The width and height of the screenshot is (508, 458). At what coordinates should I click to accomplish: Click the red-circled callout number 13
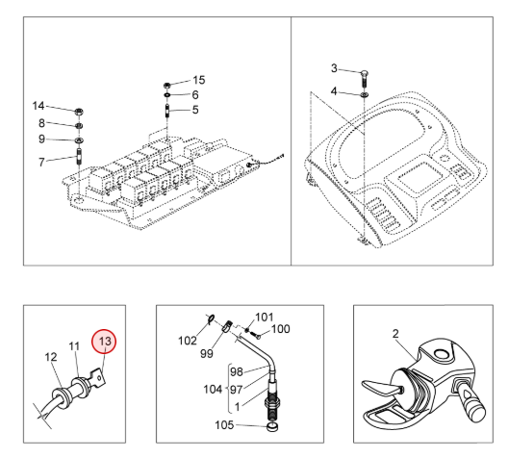click(x=105, y=341)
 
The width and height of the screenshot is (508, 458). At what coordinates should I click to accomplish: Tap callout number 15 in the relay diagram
click(x=199, y=80)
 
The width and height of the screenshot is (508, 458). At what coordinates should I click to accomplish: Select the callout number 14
click(x=38, y=106)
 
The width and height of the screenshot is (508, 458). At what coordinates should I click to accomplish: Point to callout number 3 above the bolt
click(x=334, y=68)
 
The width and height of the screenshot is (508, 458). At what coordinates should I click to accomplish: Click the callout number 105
click(x=224, y=425)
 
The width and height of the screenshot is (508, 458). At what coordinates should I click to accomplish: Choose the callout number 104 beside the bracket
click(x=213, y=389)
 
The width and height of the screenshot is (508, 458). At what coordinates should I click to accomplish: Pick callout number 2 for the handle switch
click(x=395, y=334)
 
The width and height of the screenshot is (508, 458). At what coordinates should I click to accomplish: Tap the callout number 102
click(x=188, y=341)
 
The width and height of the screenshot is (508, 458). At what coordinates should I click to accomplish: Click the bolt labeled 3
click(x=365, y=78)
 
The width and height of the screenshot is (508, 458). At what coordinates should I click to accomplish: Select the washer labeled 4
click(x=365, y=94)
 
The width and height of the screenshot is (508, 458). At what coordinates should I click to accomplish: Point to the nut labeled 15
click(x=167, y=86)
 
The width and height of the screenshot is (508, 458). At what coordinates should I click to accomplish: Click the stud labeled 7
click(x=79, y=156)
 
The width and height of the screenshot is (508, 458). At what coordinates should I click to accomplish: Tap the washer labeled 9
click(x=79, y=140)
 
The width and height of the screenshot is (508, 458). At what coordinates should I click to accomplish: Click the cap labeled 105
click(x=272, y=427)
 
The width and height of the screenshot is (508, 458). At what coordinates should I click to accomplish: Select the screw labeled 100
click(x=258, y=337)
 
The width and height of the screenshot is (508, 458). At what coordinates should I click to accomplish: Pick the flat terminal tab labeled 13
click(x=98, y=377)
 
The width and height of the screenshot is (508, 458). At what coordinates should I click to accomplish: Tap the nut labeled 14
click(x=79, y=112)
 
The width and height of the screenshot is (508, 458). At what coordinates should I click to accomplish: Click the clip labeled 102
click(x=211, y=319)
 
